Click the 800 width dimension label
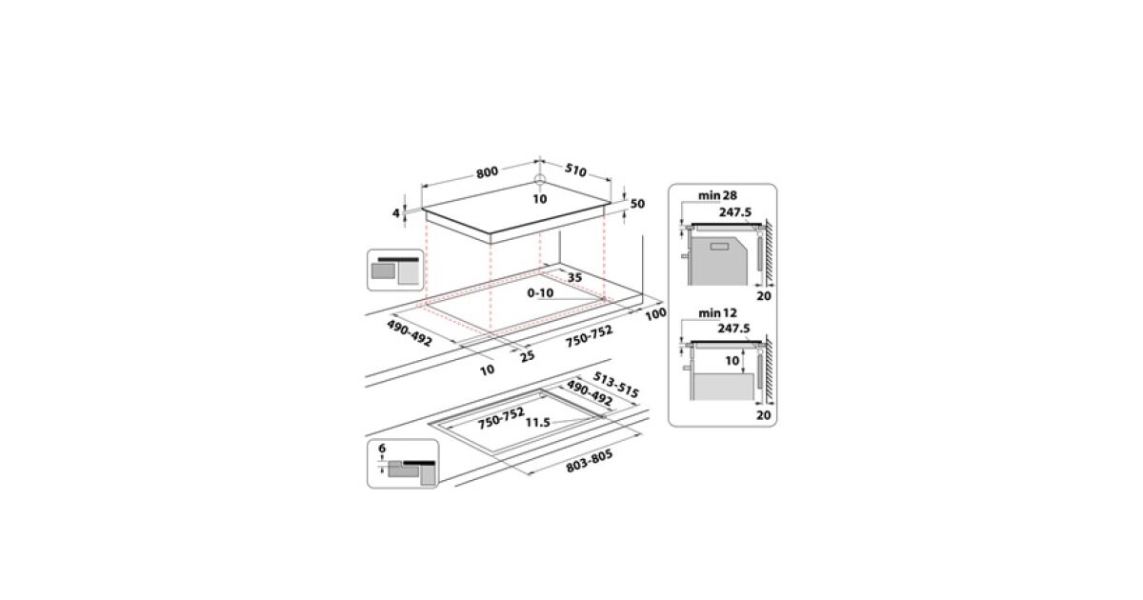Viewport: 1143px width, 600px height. [x=488, y=172]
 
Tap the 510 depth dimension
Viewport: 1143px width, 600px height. [x=575, y=170]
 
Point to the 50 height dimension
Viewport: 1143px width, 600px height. [x=637, y=204]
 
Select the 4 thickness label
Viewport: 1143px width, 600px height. [x=396, y=212]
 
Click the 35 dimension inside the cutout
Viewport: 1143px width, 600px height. [x=574, y=277]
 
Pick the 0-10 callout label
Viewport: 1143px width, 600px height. [x=540, y=293]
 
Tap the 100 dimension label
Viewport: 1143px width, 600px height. [x=655, y=313]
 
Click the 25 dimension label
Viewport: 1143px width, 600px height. [x=527, y=355]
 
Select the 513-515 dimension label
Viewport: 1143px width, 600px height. [x=615, y=385]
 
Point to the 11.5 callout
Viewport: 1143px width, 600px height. [x=538, y=423]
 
